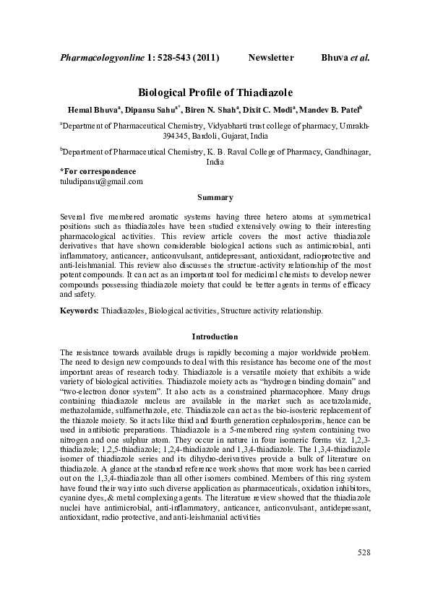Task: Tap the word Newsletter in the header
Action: coord(271,56)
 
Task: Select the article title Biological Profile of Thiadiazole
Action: coord(215,93)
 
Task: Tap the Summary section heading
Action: coord(215,198)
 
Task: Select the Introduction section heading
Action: coord(215,336)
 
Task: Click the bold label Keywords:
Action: coord(80,310)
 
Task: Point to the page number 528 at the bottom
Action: coord(364,573)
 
